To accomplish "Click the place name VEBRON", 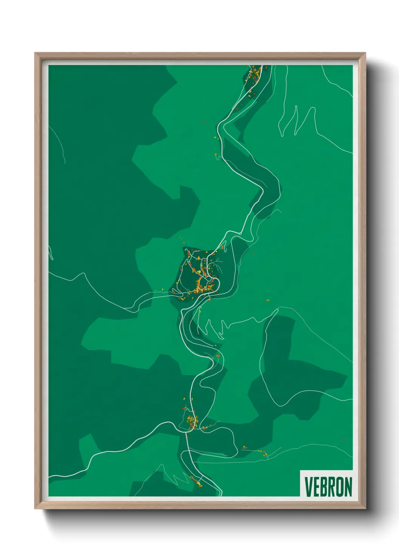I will pyautogui.click(x=328, y=487).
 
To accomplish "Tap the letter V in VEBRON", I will pyautogui.click(x=308, y=487).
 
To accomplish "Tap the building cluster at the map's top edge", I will pyautogui.click(x=254, y=77).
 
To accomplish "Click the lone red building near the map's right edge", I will pyautogui.click(x=344, y=441).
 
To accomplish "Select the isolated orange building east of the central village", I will pyautogui.click(x=267, y=300).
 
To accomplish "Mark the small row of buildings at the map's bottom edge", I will pyautogui.click(x=195, y=481).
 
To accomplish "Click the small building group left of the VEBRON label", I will pyautogui.click(x=260, y=452).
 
